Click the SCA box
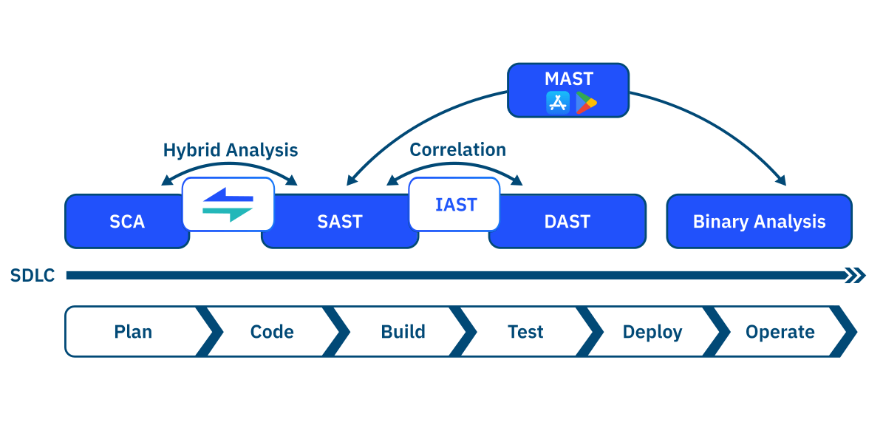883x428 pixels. click(126, 222)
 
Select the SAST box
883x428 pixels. click(339, 222)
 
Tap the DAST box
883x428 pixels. click(567, 222)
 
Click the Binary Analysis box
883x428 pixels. click(759, 222)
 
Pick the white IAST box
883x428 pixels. click(455, 204)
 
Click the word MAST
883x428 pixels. click(568, 79)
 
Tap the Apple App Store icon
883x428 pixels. click(557, 103)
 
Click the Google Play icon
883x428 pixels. click(586, 103)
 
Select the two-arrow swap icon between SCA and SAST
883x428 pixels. click(228, 205)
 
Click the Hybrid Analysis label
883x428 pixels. click(230, 151)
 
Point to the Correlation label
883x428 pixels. click(457, 150)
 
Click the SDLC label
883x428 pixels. click(33, 276)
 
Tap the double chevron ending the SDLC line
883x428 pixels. click(856, 276)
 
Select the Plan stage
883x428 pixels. click(133, 332)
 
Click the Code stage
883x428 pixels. click(272, 332)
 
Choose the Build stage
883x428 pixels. click(403, 332)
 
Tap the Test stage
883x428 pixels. click(525, 332)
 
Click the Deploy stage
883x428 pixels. click(652, 332)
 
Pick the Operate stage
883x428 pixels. click(780, 332)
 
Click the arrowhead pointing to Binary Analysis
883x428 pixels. click(781, 180)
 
